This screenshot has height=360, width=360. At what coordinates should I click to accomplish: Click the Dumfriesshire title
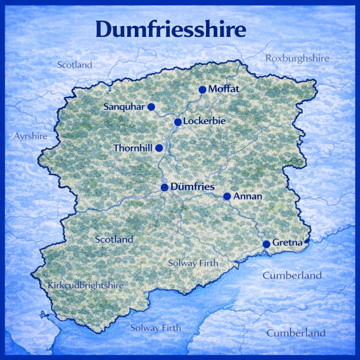tap(171, 30)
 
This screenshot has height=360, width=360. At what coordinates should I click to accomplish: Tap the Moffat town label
tap(224, 89)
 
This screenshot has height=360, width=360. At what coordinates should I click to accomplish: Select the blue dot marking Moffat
tap(202, 90)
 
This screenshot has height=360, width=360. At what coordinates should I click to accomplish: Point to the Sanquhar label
tap(124, 107)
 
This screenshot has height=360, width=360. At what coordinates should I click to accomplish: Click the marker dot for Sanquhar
tap(151, 107)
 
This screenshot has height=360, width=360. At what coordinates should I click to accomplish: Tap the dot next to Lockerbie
tap(178, 122)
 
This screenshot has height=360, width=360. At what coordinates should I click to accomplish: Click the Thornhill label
tap(133, 148)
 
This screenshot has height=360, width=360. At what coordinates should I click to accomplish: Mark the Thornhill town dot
tap(159, 148)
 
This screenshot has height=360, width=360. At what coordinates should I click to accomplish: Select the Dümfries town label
tap(192, 187)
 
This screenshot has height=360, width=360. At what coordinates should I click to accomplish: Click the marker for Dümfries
tap(165, 187)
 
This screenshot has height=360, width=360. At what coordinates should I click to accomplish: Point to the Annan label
tap(247, 196)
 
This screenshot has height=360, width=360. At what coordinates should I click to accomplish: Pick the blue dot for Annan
tap(227, 196)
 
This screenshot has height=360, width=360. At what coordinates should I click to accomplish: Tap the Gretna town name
tap(287, 243)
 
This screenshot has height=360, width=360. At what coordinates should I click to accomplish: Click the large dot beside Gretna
tap(266, 244)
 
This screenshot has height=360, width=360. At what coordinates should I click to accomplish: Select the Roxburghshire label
tap(297, 58)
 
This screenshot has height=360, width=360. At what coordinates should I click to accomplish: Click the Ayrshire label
tap(30, 136)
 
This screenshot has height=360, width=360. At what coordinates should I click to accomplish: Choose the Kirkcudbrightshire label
tap(86, 285)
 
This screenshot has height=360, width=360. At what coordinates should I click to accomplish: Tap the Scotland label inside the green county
tap(114, 240)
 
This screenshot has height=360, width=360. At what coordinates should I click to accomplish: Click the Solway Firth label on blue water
tap(156, 328)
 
